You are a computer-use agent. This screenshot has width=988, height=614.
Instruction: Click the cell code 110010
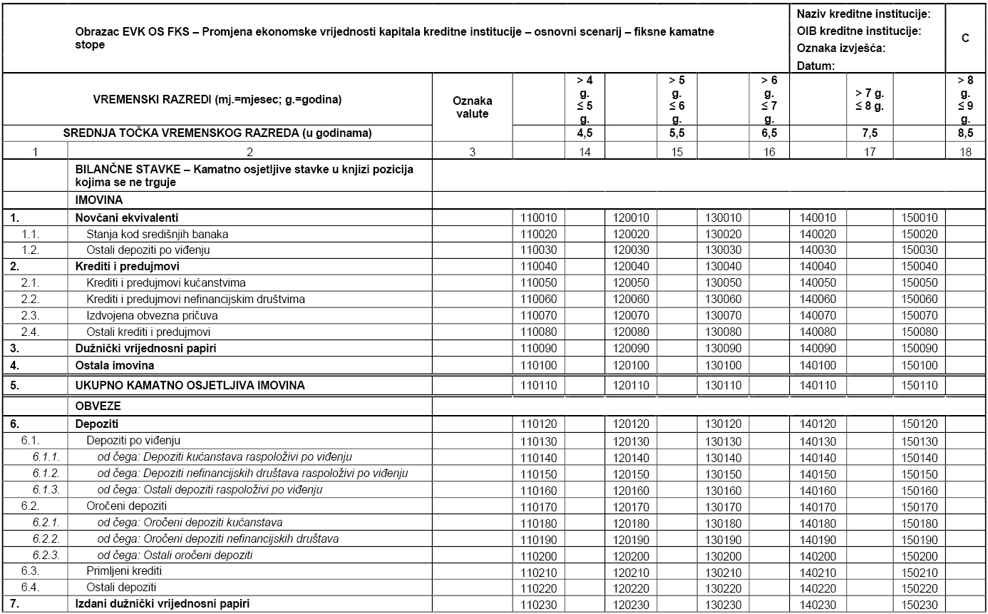point(538,218)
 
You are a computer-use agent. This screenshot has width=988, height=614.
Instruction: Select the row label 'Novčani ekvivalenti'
point(127,218)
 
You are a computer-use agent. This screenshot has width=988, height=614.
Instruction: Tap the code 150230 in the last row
point(920,603)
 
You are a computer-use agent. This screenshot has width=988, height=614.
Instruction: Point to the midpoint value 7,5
point(869,133)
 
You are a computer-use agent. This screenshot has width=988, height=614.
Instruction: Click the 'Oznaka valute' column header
point(473,107)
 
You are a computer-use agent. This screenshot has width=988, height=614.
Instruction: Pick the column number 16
point(768,152)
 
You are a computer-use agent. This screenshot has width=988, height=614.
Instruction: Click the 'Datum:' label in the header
point(815,66)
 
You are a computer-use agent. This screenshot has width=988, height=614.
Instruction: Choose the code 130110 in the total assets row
point(724,386)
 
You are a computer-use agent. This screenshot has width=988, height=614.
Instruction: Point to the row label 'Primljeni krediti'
point(124,572)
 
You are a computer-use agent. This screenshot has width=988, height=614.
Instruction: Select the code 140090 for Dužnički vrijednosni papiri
point(818,349)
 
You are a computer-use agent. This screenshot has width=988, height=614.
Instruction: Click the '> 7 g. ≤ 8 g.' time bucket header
point(869,101)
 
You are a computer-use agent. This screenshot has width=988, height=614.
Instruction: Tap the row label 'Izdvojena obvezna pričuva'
point(152,315)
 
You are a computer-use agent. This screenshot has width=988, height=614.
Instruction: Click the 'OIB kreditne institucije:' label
point(859,31)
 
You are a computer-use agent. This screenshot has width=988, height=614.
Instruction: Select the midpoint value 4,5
point(585,133)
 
